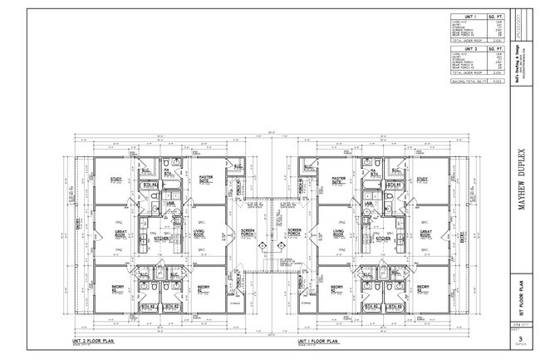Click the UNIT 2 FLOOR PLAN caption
94,341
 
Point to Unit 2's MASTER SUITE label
205,179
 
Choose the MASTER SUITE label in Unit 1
338,179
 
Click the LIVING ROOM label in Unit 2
199,234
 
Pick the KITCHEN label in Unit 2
163,238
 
